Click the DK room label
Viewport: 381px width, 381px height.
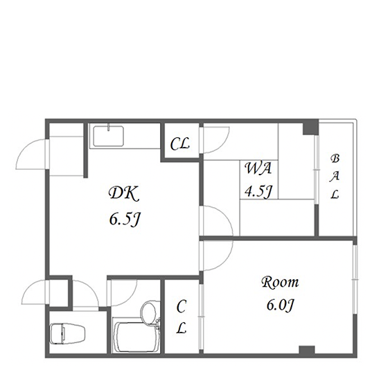[x=124, y=193]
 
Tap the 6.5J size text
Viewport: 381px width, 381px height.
[x=125, y=220]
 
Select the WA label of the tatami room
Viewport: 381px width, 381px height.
[x=258, y=168]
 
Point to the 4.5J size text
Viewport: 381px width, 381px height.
[x=258, y=191]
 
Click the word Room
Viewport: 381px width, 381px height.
[x=280, y=283]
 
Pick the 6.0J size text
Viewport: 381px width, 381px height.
[x=281, y=305]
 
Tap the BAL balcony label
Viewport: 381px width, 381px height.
[x=335, y=177]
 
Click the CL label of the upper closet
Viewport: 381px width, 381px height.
[x=180, y=144]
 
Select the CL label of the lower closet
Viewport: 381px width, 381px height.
[x=181, y=317]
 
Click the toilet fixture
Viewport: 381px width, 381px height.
[x=68, y=333]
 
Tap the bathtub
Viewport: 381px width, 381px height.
[x=136, y=337]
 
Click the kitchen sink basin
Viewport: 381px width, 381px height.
[x=108, y=136]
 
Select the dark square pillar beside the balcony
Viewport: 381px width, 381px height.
[x=310, y=127]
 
